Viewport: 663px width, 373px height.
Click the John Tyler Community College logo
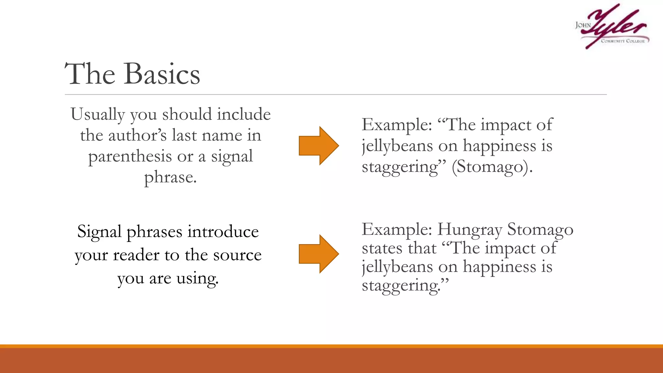[612, 27]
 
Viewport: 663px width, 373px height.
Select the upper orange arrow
[319, 146]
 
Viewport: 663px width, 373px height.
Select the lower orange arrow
[319, 254]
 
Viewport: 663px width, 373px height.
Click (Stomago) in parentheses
[492, 167]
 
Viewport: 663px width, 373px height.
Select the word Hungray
[470, 230]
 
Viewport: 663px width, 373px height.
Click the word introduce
[223, 232]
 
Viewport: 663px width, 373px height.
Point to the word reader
[136, 255]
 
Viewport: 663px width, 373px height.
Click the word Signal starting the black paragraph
[99, 232]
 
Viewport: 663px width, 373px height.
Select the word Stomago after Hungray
[540, 230]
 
